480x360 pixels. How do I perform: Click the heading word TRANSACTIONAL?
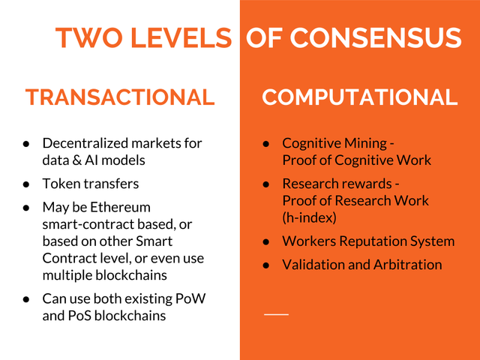point(120,97)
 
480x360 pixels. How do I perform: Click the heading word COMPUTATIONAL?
point(360,97)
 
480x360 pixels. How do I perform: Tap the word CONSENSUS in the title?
point(375,38)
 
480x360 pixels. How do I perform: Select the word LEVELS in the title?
point(181,38)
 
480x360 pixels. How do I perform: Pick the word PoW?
point(190,298)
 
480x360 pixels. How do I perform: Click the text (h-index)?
point(309,218)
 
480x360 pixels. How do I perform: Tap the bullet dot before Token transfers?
point(26,184)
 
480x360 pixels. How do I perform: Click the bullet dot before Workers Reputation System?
point(266,241)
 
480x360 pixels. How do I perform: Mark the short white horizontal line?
point(277,314)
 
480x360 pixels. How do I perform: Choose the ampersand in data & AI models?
point(76,160)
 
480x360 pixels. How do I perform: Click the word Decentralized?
point(85,143)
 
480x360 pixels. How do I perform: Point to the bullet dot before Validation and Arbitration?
point(266,265)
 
